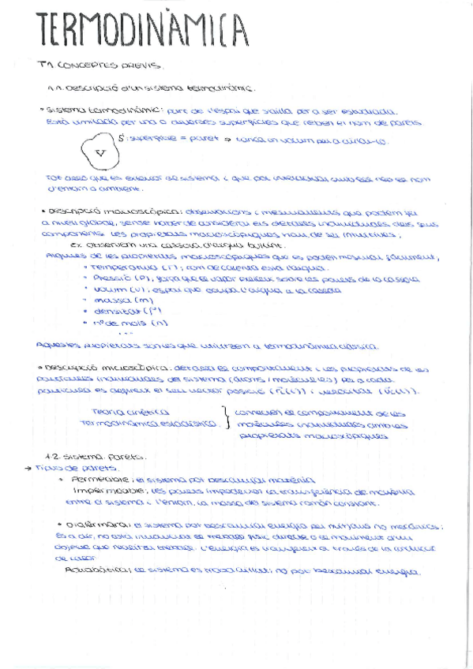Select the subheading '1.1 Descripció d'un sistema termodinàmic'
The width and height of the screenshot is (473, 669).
coord(150,88)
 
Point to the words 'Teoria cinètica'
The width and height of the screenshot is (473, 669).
coord(130,412)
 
